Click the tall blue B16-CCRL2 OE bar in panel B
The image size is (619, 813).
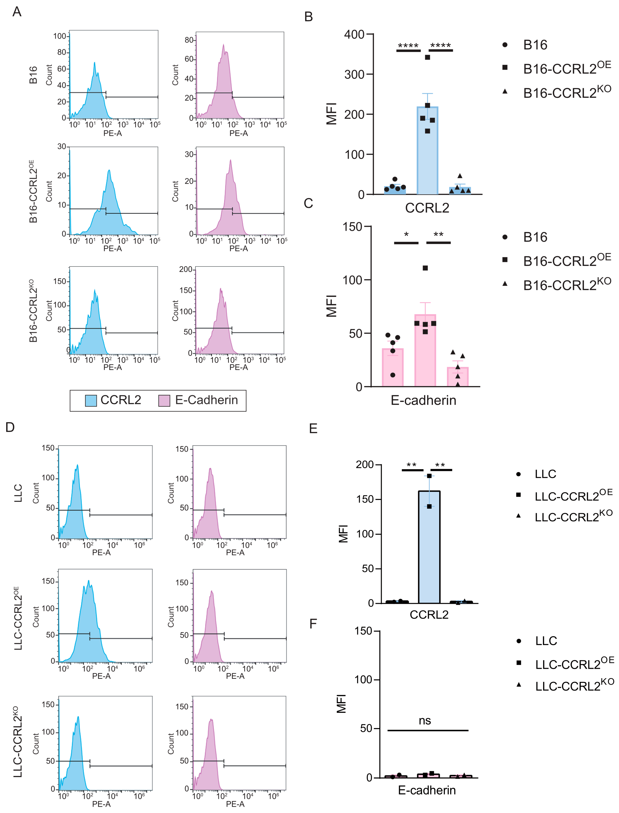click(x=427, y=155)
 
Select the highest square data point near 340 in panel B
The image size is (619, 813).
click(x=427, y=57)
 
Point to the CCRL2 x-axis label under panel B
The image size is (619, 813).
click(x=427, y=208)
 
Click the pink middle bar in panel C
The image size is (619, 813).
click(x=425, y=353)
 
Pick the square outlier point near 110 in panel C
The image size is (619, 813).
click(x=425, y=268)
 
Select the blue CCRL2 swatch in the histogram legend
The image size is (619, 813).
click(x=91, y=401)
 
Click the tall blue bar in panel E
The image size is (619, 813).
click(x=429, y=552)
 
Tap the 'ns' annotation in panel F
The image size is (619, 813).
click(x=425, y=721)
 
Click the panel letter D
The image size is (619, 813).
click(x=10, y=427)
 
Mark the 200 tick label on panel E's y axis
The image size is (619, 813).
click(x=365, y=465)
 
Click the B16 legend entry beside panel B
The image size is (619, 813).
click(x=535, y=45)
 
